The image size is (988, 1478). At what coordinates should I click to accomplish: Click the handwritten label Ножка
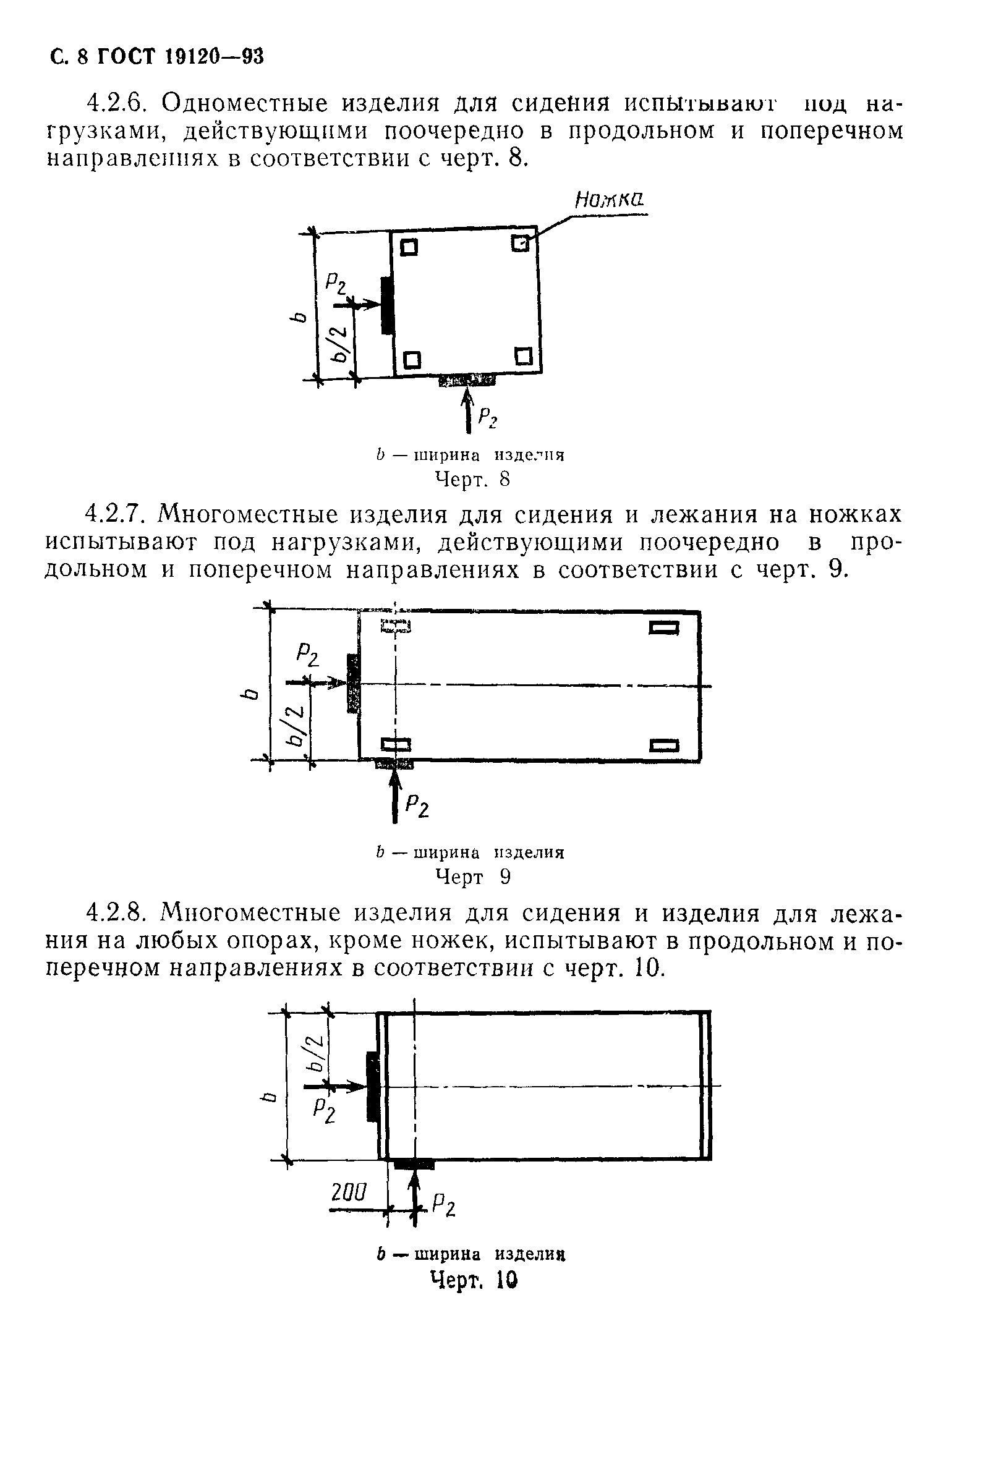coord(610,201)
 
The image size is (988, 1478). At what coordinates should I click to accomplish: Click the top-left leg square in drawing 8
coord(409,247)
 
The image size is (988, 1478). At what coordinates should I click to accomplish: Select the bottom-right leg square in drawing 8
coord(524,357)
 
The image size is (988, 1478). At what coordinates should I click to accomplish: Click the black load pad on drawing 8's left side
coord(387,305)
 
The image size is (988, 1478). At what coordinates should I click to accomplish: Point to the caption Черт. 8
coord(472,480)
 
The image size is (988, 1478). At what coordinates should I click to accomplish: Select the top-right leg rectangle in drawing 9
coord(665,627)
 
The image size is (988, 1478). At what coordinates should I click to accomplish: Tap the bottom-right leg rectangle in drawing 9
coord(665,746)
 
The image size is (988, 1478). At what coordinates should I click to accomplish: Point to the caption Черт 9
coord(472,877)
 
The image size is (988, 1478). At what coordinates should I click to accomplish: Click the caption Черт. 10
coord(473,1279)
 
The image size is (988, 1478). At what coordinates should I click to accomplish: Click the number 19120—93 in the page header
coord(215,57)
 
